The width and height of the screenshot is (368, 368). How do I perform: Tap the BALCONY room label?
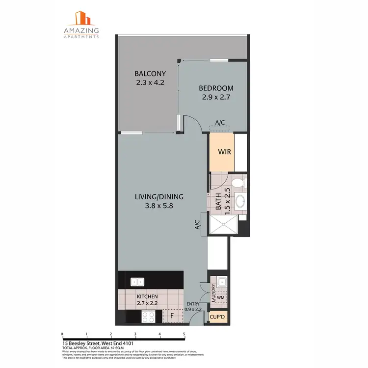point(150,74)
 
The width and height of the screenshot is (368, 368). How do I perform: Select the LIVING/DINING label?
point(159,197)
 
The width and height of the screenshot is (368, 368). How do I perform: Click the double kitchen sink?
point(136,282)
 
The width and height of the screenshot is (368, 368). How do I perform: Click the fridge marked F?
point(172,316)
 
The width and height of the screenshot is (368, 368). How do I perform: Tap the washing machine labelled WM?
point(221,296)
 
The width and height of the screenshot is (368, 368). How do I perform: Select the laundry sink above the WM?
point(221,282)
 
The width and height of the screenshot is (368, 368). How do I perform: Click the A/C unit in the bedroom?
point(220,128)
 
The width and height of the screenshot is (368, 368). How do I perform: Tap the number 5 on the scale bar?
point(184,333)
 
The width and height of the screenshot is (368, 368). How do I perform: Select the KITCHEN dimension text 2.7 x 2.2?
point(147,303)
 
